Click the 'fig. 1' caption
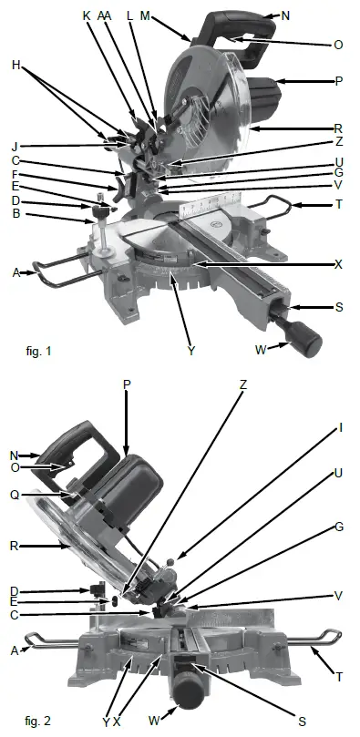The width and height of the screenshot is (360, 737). pos(41,349)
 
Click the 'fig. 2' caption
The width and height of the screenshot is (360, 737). pos(39,721)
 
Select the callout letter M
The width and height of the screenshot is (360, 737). pos(170,16)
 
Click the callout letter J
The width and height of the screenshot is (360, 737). pos(16,145)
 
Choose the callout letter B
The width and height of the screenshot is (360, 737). pos(16,214)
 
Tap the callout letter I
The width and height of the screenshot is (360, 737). pos(340,426)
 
